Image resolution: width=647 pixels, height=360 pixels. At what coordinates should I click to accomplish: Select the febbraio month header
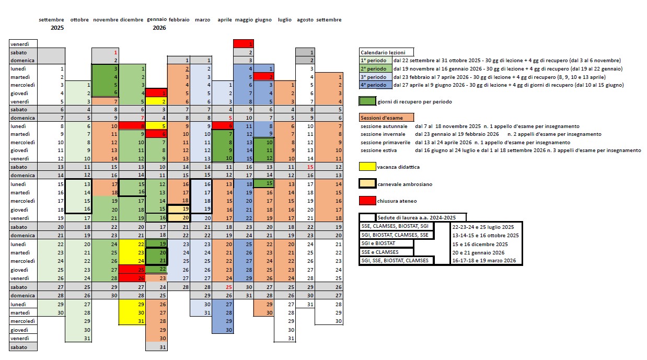point(179,20)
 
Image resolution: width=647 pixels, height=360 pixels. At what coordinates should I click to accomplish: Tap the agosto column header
point(305,20)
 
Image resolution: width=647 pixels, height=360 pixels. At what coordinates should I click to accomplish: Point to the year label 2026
point(159,28)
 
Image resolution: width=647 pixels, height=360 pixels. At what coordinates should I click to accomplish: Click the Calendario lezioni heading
point(386,52)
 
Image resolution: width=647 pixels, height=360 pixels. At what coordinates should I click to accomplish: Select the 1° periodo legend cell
point(374,61)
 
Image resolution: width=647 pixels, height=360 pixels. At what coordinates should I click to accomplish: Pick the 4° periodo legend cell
point(374,85)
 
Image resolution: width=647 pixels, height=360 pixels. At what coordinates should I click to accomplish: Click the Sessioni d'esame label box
point(386,118)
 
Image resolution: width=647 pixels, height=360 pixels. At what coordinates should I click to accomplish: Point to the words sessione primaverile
point(385,142)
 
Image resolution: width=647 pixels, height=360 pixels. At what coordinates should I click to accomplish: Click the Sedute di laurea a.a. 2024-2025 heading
point(421,217)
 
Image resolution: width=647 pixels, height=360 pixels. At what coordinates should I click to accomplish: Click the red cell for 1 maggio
point(244,44)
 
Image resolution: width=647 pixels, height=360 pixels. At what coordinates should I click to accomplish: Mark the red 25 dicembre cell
point(132,269)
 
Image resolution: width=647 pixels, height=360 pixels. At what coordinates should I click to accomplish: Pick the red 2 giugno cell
point(264,77)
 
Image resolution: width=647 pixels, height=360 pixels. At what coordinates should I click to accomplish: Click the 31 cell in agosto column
point(305,304)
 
